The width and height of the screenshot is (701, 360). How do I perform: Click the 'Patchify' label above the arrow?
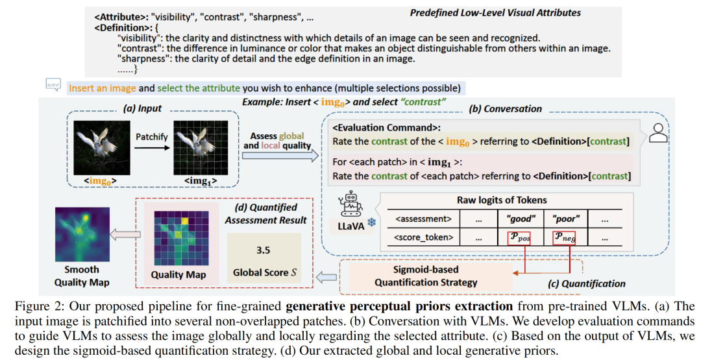pos(151,137)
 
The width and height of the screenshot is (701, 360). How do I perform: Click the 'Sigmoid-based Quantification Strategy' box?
pos(424,276)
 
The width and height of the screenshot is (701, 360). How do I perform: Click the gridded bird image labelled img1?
pos(199,147)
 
